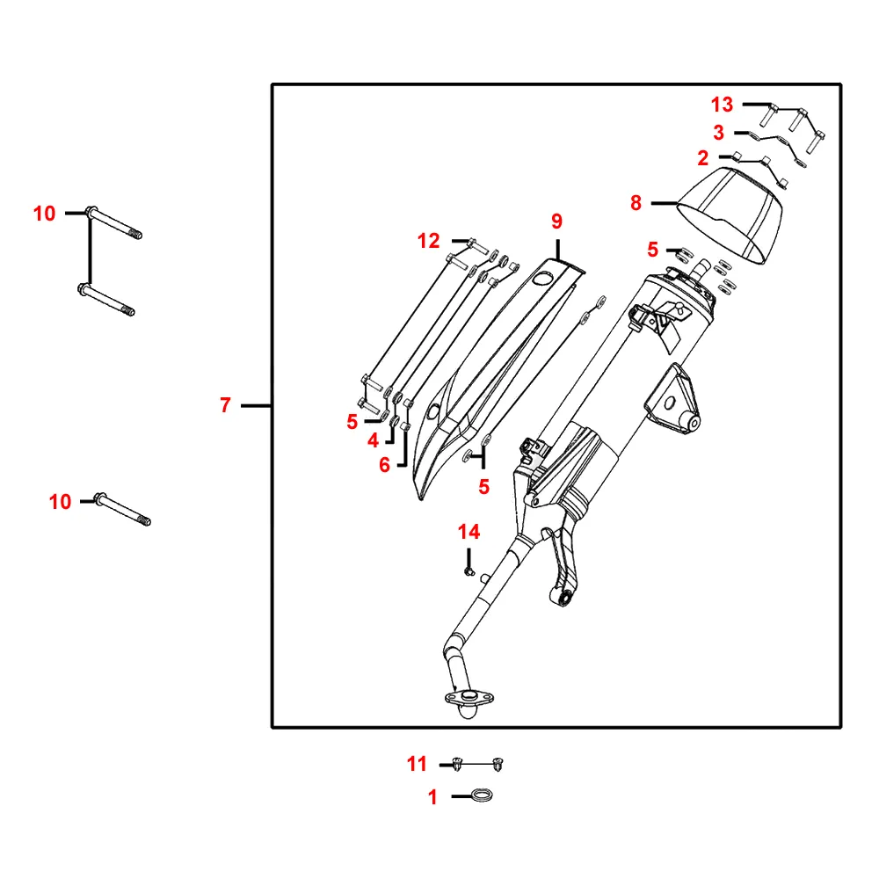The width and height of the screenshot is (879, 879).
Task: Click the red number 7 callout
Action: [225, 404]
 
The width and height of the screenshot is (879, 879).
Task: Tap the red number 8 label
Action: [636, 203]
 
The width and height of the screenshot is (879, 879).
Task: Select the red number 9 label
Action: [556, 222]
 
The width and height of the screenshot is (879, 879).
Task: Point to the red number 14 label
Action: [469, 532]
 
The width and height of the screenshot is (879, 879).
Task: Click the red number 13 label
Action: [722, 105]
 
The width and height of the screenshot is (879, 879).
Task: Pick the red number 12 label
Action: [428, 241]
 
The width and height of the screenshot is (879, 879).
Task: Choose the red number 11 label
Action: [417, 764]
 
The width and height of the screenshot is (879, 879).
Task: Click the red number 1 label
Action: [432, 797]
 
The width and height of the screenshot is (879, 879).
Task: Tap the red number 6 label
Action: [385, 465]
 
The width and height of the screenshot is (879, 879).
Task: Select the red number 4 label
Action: [374, 440]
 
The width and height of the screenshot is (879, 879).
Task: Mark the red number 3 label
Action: [719, 133]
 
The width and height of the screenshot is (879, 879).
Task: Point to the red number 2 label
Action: [703, 158]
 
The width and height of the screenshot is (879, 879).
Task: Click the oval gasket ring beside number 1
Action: [482, 795]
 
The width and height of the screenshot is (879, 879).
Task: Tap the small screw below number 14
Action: [469, 571]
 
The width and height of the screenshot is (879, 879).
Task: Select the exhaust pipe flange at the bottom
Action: [469, 699]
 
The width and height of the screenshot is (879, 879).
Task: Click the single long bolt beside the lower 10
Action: [122, 509]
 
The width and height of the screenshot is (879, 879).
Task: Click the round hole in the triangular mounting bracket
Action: [669, 403]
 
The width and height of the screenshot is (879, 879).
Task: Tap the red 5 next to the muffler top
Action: [652, 250]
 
